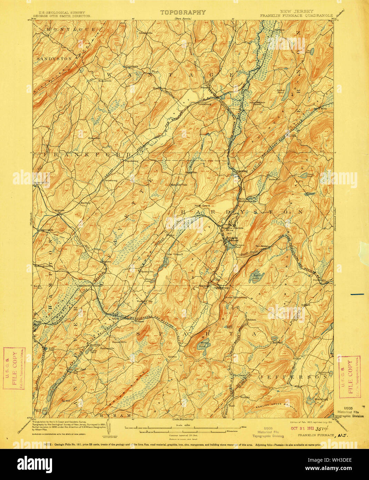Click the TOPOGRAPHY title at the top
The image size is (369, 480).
point(183,12)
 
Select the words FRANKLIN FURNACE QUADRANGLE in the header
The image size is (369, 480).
point(296,16)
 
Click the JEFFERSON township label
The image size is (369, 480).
point(294,377)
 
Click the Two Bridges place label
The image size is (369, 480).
point(262,246)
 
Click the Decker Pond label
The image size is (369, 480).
point(282,92)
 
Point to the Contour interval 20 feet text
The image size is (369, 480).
point(183,436)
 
